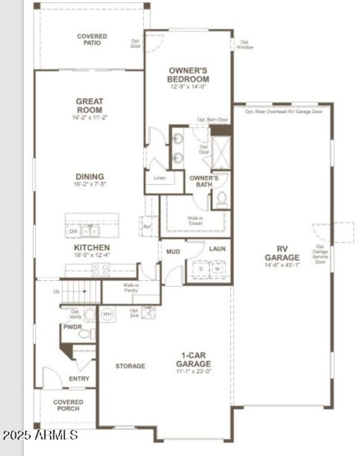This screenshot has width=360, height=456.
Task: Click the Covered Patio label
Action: (x=92, y=40)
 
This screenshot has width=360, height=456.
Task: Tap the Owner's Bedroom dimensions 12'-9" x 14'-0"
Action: (x=188, y=87)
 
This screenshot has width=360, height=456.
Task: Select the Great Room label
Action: (x=89, y=106)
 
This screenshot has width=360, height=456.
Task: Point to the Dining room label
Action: (x=90, y=177)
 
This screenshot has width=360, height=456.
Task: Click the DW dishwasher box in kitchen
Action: (x=73, y=231)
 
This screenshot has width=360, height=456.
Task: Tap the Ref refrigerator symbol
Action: (x=147, y=226)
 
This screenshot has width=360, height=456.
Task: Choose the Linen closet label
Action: (x=160, y=178)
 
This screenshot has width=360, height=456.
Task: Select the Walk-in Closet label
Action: (x=195, y=220)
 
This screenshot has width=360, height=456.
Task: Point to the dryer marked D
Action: (x=201, y=269)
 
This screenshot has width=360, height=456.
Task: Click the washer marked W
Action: (x=217, y=269)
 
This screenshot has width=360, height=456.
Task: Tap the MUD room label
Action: (x=173, y=251)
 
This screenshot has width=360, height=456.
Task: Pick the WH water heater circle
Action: (x=107, y=314)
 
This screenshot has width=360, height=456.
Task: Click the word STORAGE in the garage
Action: (x=130, y=366)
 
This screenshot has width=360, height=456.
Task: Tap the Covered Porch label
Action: (x=68, y=405)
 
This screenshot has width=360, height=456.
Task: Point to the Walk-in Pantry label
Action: (x=130, y=288)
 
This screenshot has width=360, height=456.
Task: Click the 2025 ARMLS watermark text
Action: (x=40, y=435)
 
